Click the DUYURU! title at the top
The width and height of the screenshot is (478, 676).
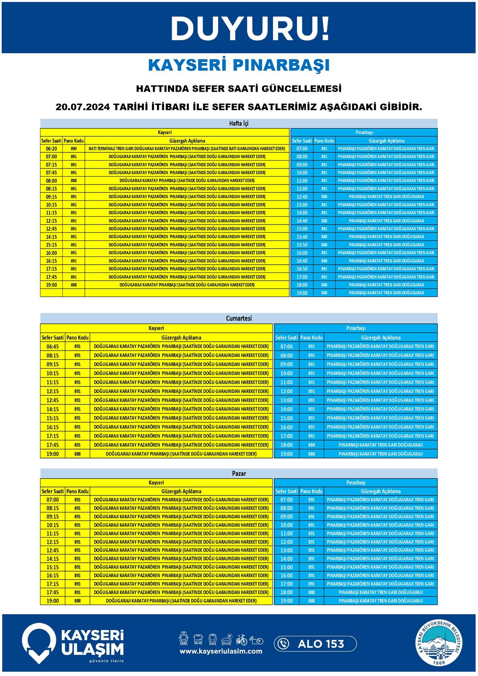(x=250, y=29)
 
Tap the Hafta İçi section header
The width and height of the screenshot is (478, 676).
(x=239, y=124)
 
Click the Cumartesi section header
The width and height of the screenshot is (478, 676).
(x=239, y=318)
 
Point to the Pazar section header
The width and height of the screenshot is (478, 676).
(x=239, y=474)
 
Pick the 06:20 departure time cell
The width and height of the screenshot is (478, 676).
(x=51, y=149)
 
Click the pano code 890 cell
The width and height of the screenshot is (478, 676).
(x=74, y=149)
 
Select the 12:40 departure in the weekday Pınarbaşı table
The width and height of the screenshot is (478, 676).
(x=302, y=197)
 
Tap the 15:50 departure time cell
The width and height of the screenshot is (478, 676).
(x=302, y=245)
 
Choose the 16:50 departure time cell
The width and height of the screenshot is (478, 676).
(x=302, y=269)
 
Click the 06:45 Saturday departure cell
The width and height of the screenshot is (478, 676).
(x=53, y=347)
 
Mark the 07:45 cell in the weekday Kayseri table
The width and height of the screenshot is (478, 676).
(x=51, y=173)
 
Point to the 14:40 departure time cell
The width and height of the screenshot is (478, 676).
(x=302, y=221)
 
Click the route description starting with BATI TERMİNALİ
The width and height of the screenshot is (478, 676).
(x=187, y=149)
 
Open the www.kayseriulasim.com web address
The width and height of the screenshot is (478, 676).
(x=221, y=651)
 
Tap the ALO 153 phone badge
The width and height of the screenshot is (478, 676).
(x=315, y=644)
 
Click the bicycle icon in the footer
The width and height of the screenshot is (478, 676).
(x=241, y=640)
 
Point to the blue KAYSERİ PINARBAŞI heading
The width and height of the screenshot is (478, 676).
(x=239, y=65)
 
